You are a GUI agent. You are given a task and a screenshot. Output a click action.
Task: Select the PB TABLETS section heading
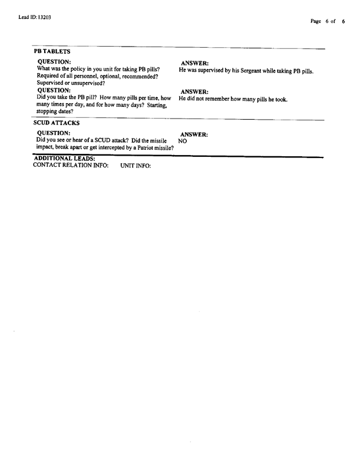(x=52, y=52)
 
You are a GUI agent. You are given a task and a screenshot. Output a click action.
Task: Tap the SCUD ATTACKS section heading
(x=57, y=124)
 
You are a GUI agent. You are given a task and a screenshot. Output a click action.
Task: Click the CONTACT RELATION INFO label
(x=71, y=165)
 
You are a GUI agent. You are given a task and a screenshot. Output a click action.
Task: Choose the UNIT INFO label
(x=136, y=166)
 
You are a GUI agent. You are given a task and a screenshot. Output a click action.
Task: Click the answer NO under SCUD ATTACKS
(x=183, y=142)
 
